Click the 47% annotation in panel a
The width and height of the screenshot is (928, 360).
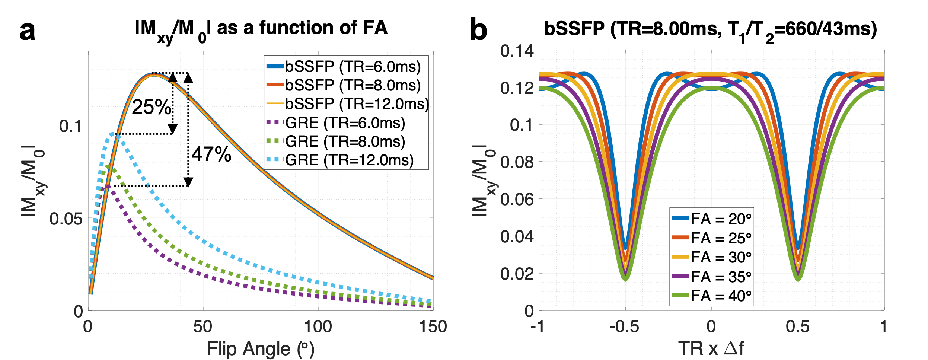[x=211, y=154]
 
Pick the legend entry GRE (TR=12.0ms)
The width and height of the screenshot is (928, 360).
[x=349, y=160]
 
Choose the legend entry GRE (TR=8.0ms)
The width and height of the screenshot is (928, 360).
[x=345, y=141]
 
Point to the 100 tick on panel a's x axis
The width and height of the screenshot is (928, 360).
[x=318, y=327]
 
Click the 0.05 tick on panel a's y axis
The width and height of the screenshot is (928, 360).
[x=66, y=219]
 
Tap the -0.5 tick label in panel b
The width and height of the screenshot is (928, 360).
[x=624, y=327]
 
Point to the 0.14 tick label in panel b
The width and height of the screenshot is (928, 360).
[x=517, y=51]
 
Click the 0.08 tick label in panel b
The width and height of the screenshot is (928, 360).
[x=517, y=162]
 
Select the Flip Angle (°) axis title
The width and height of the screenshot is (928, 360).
[x=261, y=349]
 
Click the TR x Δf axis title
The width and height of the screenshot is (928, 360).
[x=711, y=348]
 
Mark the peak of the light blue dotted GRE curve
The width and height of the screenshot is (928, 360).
[x=112, y=134]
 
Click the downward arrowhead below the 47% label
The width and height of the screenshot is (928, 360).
[x=188, y=182]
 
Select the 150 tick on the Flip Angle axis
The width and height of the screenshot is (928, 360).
[x=433, y=327]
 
